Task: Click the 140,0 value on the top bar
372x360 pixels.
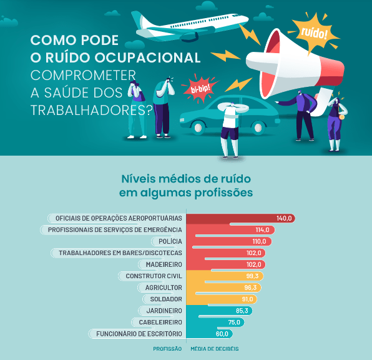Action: (284, 218)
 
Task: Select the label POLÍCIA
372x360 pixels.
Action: (170, 241)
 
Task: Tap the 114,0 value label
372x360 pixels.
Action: (262, 230)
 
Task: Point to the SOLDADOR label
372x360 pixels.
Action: (166, 299)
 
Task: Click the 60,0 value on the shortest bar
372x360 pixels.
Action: (222, 334)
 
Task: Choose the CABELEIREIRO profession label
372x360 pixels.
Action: (160, 322)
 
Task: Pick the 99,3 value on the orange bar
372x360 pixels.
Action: (252, 276)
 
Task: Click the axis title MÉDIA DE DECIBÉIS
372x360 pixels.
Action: (215, 349)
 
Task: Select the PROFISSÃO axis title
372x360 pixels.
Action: (167, 349)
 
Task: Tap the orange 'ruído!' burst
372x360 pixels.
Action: (314, 32)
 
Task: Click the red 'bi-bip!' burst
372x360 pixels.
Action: (200, 89)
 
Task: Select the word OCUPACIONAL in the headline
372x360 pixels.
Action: (148, 57)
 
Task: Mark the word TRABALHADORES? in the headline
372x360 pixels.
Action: (92, 110)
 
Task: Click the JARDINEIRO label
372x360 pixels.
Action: (164, 311)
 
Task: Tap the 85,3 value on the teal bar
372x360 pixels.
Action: (242, 311)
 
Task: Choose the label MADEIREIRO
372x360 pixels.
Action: (164, 264)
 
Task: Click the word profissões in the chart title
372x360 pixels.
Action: (223, 193)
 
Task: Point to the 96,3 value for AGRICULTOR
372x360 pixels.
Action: (250, 287)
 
